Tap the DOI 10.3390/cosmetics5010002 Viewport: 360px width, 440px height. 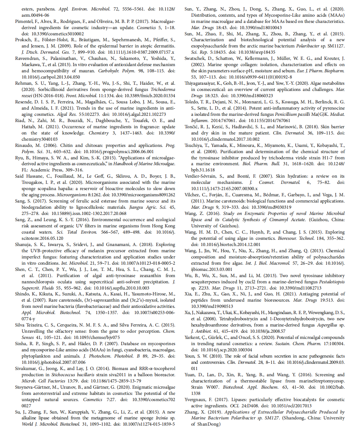[x=58, y=34]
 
